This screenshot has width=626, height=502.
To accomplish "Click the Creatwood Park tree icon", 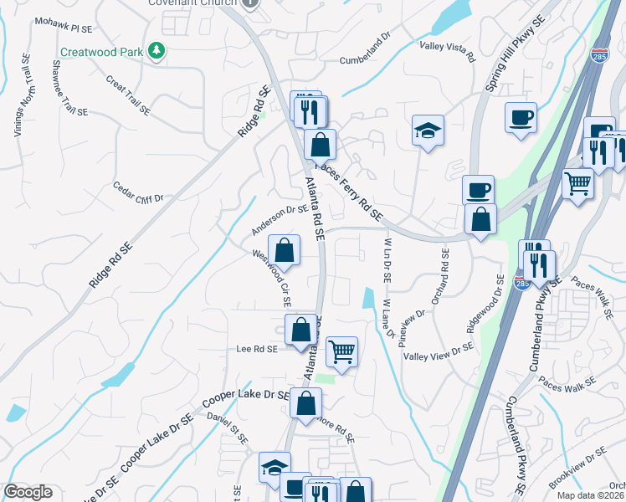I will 156,52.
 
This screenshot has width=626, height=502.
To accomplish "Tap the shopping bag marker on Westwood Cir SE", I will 285,250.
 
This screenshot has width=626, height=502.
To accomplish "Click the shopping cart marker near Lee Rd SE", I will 341,351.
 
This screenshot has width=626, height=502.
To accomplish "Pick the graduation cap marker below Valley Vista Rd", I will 428,131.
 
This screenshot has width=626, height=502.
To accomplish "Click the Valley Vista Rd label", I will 447,52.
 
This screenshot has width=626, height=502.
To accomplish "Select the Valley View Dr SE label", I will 439,355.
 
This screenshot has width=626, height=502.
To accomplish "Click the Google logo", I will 28,492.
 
